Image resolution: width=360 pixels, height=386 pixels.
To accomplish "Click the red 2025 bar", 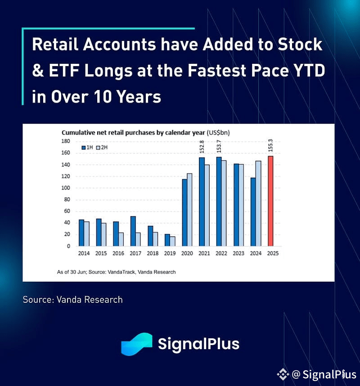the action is click(270, 201).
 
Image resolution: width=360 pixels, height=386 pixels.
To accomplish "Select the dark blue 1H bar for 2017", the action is click(133, 231).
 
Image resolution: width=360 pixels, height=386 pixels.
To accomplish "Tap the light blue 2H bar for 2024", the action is click(258, 203).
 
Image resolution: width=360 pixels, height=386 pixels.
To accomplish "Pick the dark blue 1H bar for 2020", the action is click(184, 212).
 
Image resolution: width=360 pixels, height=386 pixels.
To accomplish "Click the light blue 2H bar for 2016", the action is click(121, 239).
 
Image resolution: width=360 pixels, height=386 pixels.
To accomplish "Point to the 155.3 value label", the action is click(270, 145).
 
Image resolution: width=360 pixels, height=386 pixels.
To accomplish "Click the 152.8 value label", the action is click(202, 147).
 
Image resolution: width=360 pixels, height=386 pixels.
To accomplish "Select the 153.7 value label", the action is click(219, 146).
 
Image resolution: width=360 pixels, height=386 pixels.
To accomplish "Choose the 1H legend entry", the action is click(87, 148).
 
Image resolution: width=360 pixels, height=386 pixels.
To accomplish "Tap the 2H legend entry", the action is click(102, 148).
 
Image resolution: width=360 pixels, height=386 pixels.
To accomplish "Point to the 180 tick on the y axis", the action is click(66, 141).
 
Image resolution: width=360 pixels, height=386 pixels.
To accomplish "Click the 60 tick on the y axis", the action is click(67, 211).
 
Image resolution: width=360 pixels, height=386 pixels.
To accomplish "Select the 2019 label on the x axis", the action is click(170, 253).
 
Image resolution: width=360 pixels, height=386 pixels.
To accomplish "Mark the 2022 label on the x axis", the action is click(221, 253).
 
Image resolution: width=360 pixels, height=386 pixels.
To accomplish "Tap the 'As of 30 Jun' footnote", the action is click(116, 272).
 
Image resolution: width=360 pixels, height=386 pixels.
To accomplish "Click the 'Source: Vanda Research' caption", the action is click(72, 300).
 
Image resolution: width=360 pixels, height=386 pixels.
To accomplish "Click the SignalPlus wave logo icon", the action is click(137, 344).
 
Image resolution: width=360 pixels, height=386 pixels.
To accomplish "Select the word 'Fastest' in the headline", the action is click(217, 71).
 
